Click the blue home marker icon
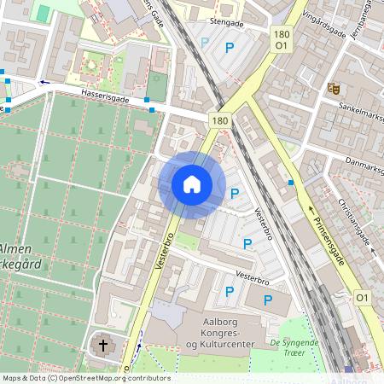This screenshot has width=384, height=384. tap(191, 183)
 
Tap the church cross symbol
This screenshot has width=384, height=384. tap(103, 346)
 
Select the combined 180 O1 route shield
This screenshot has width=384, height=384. tap(281, 38)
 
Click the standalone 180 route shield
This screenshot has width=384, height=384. tap(220, 122)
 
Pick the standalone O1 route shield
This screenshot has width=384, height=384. tap(363, 297)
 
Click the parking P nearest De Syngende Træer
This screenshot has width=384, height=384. tap(267, 300)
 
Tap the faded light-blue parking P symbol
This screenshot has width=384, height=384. tap(204, 41)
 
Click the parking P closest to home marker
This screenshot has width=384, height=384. tap(234, 195)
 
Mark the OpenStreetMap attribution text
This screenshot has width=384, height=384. tap(85, 378)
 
